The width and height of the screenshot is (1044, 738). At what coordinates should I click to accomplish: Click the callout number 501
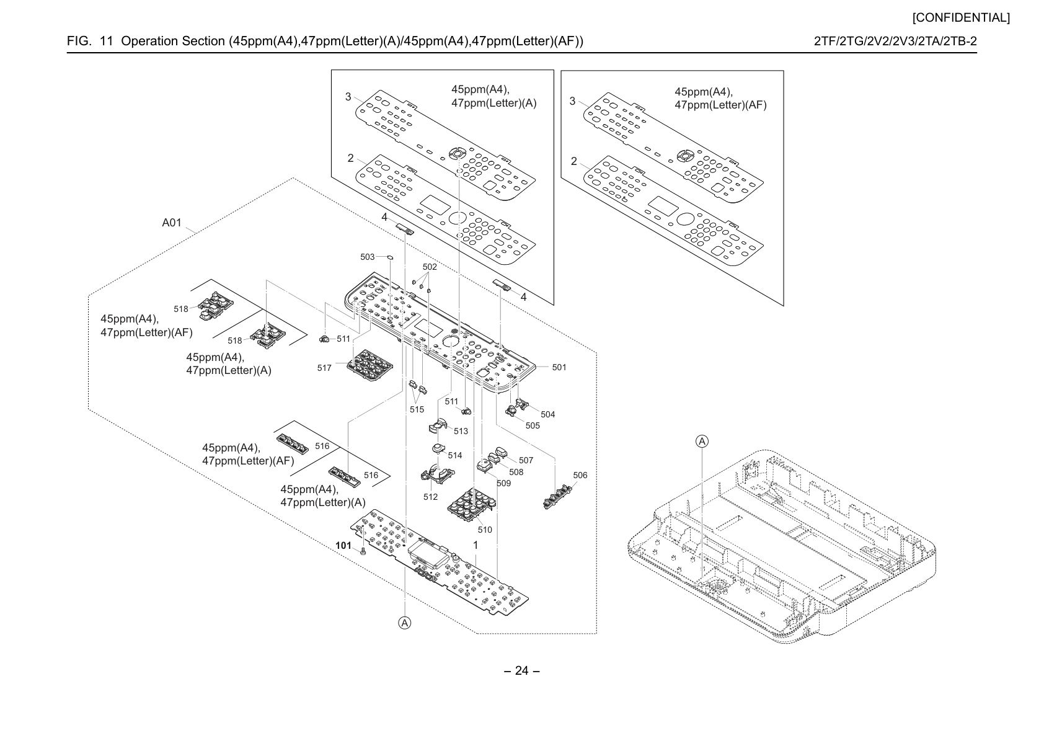(559, 367)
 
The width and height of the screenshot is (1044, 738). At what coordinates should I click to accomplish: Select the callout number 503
(367, 257)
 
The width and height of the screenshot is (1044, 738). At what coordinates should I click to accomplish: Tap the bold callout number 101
(343, 546)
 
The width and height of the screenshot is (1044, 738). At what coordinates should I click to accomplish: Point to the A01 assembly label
(172, 223)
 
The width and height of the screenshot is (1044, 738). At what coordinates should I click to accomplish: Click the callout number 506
(580, 475)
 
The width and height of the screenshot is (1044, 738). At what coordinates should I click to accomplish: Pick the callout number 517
(324, 368)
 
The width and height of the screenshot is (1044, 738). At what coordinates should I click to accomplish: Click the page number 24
(521, 670)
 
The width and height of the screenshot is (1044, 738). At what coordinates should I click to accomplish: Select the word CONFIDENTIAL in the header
(961, 18)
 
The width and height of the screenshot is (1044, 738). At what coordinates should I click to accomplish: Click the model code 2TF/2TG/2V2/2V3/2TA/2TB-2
(895, 41)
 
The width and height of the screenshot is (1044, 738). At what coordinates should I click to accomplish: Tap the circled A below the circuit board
(405, 623)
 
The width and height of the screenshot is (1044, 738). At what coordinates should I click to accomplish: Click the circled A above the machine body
(702, 441)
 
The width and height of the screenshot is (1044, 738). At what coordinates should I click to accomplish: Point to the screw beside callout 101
(363, 551)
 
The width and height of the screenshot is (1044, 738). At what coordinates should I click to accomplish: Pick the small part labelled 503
(391, 257)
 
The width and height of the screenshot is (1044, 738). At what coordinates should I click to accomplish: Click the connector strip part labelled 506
(558, 497)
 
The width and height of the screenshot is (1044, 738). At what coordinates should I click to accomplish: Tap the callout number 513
(461, 431)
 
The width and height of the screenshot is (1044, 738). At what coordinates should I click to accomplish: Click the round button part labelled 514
(438, 448)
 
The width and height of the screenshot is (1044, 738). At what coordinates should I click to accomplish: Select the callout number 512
(430, 497)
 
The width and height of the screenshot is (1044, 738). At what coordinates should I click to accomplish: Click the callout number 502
(430, 267)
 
